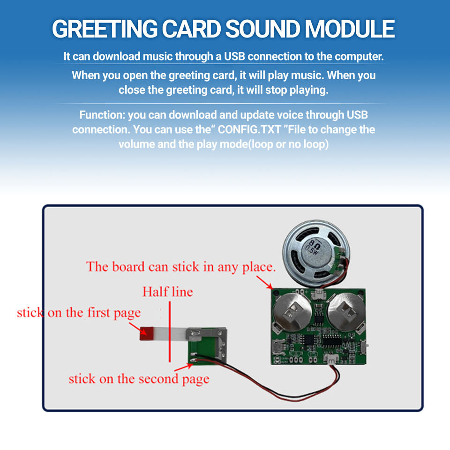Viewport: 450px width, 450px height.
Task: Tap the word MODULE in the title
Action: pos(350,29)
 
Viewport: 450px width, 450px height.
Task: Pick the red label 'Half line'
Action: pos(167,292)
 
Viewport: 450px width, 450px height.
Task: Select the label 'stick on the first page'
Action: pos(79,313)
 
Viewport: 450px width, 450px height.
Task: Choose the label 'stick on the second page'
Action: pos(139,379)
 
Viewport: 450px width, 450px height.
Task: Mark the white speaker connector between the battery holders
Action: pos(318,294)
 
